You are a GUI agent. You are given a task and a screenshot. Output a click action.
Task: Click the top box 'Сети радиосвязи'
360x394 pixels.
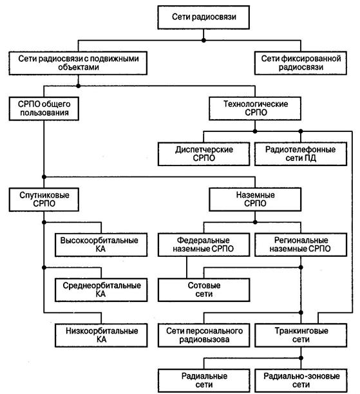204,17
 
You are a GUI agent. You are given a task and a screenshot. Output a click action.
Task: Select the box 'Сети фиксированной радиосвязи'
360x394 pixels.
301,63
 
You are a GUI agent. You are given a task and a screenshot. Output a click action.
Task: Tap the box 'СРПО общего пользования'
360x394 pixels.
44,109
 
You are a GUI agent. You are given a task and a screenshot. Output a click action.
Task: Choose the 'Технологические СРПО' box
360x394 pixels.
255,108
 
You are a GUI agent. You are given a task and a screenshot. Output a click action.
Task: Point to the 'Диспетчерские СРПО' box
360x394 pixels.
204,154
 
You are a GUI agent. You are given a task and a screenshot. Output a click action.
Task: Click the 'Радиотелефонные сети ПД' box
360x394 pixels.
301,154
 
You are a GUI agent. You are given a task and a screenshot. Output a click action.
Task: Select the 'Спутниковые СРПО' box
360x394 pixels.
44,200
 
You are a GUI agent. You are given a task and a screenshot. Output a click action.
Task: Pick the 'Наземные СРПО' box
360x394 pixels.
255,200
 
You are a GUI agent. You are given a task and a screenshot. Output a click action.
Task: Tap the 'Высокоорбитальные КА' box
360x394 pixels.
101,245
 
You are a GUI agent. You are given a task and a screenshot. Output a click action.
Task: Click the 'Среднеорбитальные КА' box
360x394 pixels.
101,290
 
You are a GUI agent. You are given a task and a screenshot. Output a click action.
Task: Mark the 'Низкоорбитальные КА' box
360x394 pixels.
101,335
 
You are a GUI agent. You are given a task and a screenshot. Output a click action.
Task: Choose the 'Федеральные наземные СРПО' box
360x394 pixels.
204,245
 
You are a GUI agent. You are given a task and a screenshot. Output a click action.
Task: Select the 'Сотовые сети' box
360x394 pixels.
204,290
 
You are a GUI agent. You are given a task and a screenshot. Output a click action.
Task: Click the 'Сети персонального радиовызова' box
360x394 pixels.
204,335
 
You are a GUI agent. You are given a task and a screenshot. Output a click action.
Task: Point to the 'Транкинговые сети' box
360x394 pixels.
301,335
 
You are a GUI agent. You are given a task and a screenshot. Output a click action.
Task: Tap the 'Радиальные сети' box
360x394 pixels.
204,380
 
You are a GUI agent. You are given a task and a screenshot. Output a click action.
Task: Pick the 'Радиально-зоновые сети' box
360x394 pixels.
301,380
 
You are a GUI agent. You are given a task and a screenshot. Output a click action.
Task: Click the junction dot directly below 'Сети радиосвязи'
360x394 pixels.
204,40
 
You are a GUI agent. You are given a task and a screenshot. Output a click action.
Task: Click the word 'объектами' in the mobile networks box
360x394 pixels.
79,68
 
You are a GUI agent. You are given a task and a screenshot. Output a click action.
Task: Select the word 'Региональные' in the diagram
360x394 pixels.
301,240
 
